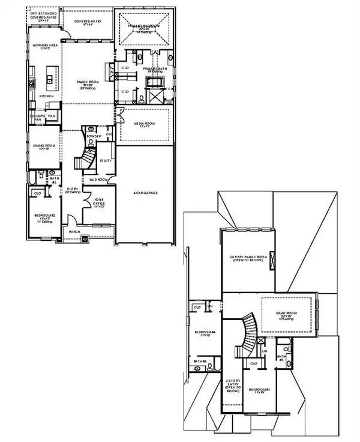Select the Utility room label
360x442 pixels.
coord(104,160)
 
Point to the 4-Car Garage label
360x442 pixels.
coord(146,192)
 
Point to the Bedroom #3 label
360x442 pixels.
coord(265,390)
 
